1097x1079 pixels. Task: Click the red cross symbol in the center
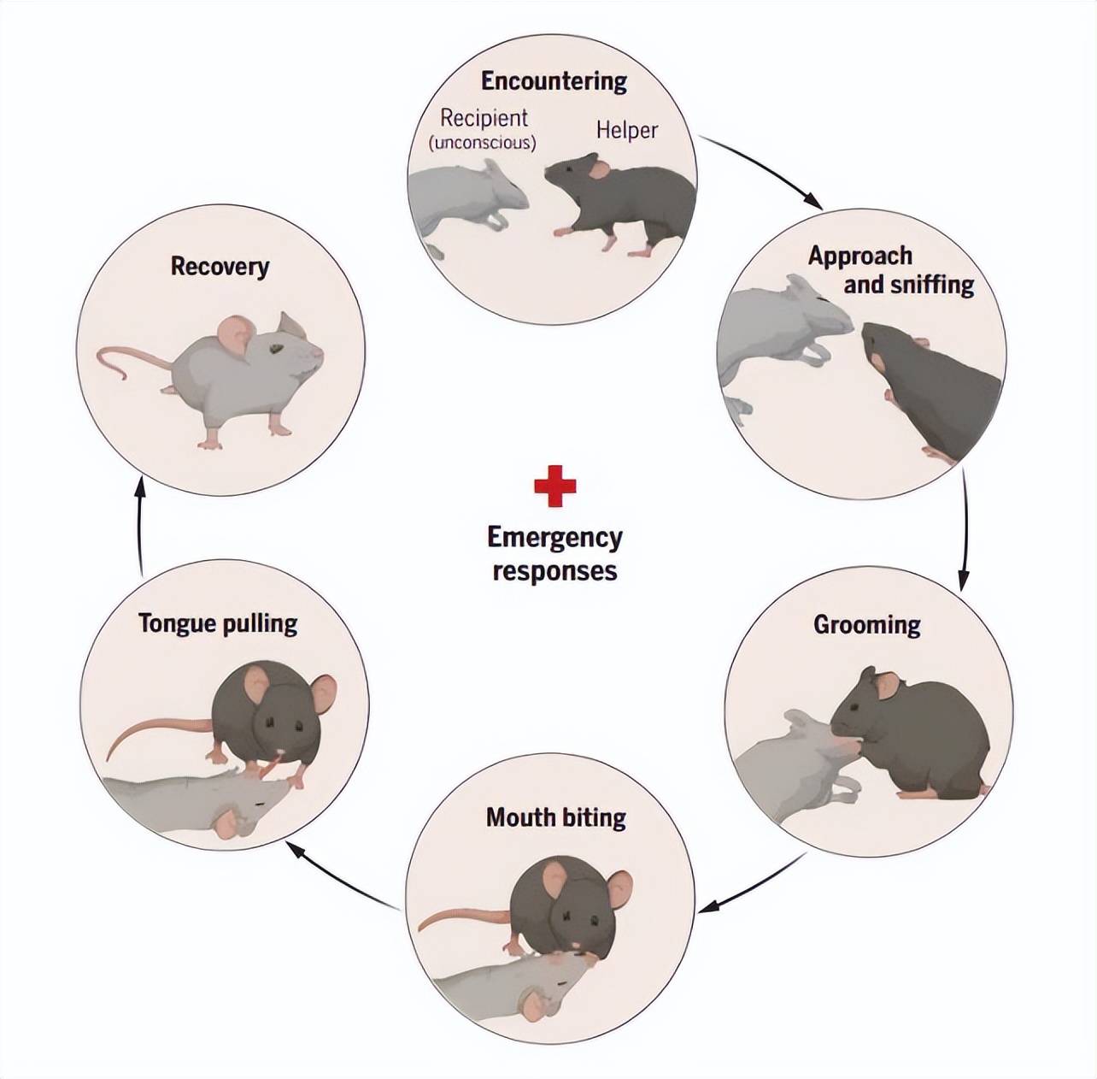[554, 486]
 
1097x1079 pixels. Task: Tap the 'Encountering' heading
[554, 81]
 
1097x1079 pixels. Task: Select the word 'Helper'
[626, 131]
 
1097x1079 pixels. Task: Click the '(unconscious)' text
[482, 143]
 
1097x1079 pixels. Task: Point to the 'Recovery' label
[220, 266]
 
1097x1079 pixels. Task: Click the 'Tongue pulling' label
[218, 623]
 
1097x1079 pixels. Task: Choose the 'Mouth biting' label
[555, 817]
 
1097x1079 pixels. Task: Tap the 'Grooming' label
[866, 625]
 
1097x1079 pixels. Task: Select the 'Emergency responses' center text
[554, 554]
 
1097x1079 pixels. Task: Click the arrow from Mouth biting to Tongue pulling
[342, 876]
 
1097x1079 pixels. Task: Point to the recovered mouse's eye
[275, 349]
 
